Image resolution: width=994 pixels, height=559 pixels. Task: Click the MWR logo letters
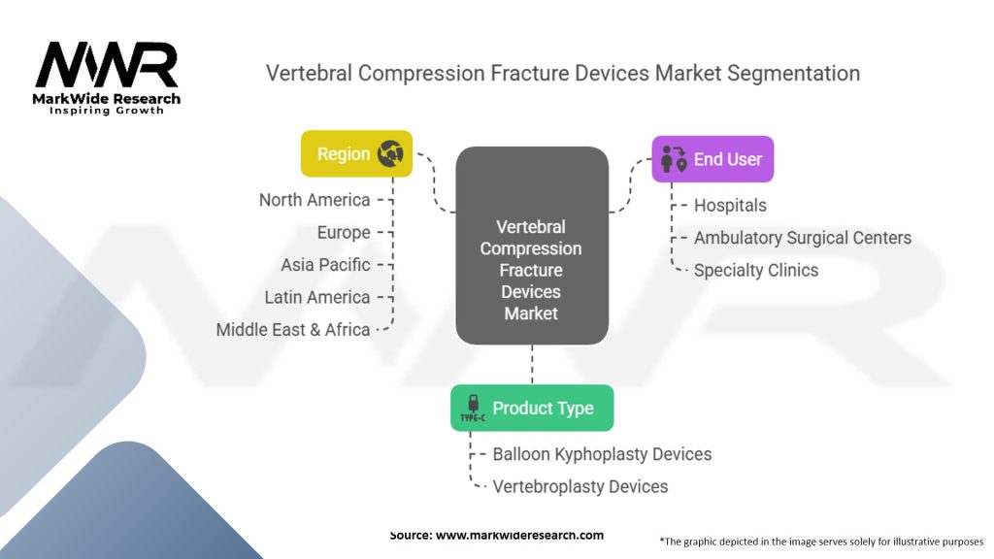[x=107, y=65]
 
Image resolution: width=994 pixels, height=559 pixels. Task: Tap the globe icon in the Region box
[x=391, y=153]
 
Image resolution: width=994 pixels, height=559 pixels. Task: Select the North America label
[x=315, y=200]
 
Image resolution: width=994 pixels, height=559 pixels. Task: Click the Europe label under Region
[x=344, y=233]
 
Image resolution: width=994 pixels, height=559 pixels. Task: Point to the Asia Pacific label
[x=325, y=265]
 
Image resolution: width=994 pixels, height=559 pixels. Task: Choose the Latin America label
[x=317, y=297]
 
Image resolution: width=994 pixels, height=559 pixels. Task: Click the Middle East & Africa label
[x=293, y=330]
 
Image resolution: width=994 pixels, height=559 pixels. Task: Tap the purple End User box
[x=712, y=159]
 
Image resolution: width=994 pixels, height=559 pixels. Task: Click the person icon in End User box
[x=673, y=160]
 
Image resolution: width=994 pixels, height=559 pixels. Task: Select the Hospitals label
[x=730, y=206]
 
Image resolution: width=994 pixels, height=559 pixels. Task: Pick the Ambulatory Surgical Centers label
[x=803, y=238]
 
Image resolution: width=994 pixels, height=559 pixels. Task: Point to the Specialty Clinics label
[x=756, y=271]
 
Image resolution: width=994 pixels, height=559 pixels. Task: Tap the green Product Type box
[x=532, y=408]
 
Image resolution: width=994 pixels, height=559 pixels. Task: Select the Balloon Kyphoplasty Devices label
[x=602, y=454]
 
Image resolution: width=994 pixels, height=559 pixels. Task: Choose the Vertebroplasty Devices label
[x=580, y=486]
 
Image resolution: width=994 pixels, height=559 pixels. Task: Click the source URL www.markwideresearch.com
[x=520, y=536]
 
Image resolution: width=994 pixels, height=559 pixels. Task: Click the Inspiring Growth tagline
[x=107, y=111]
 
